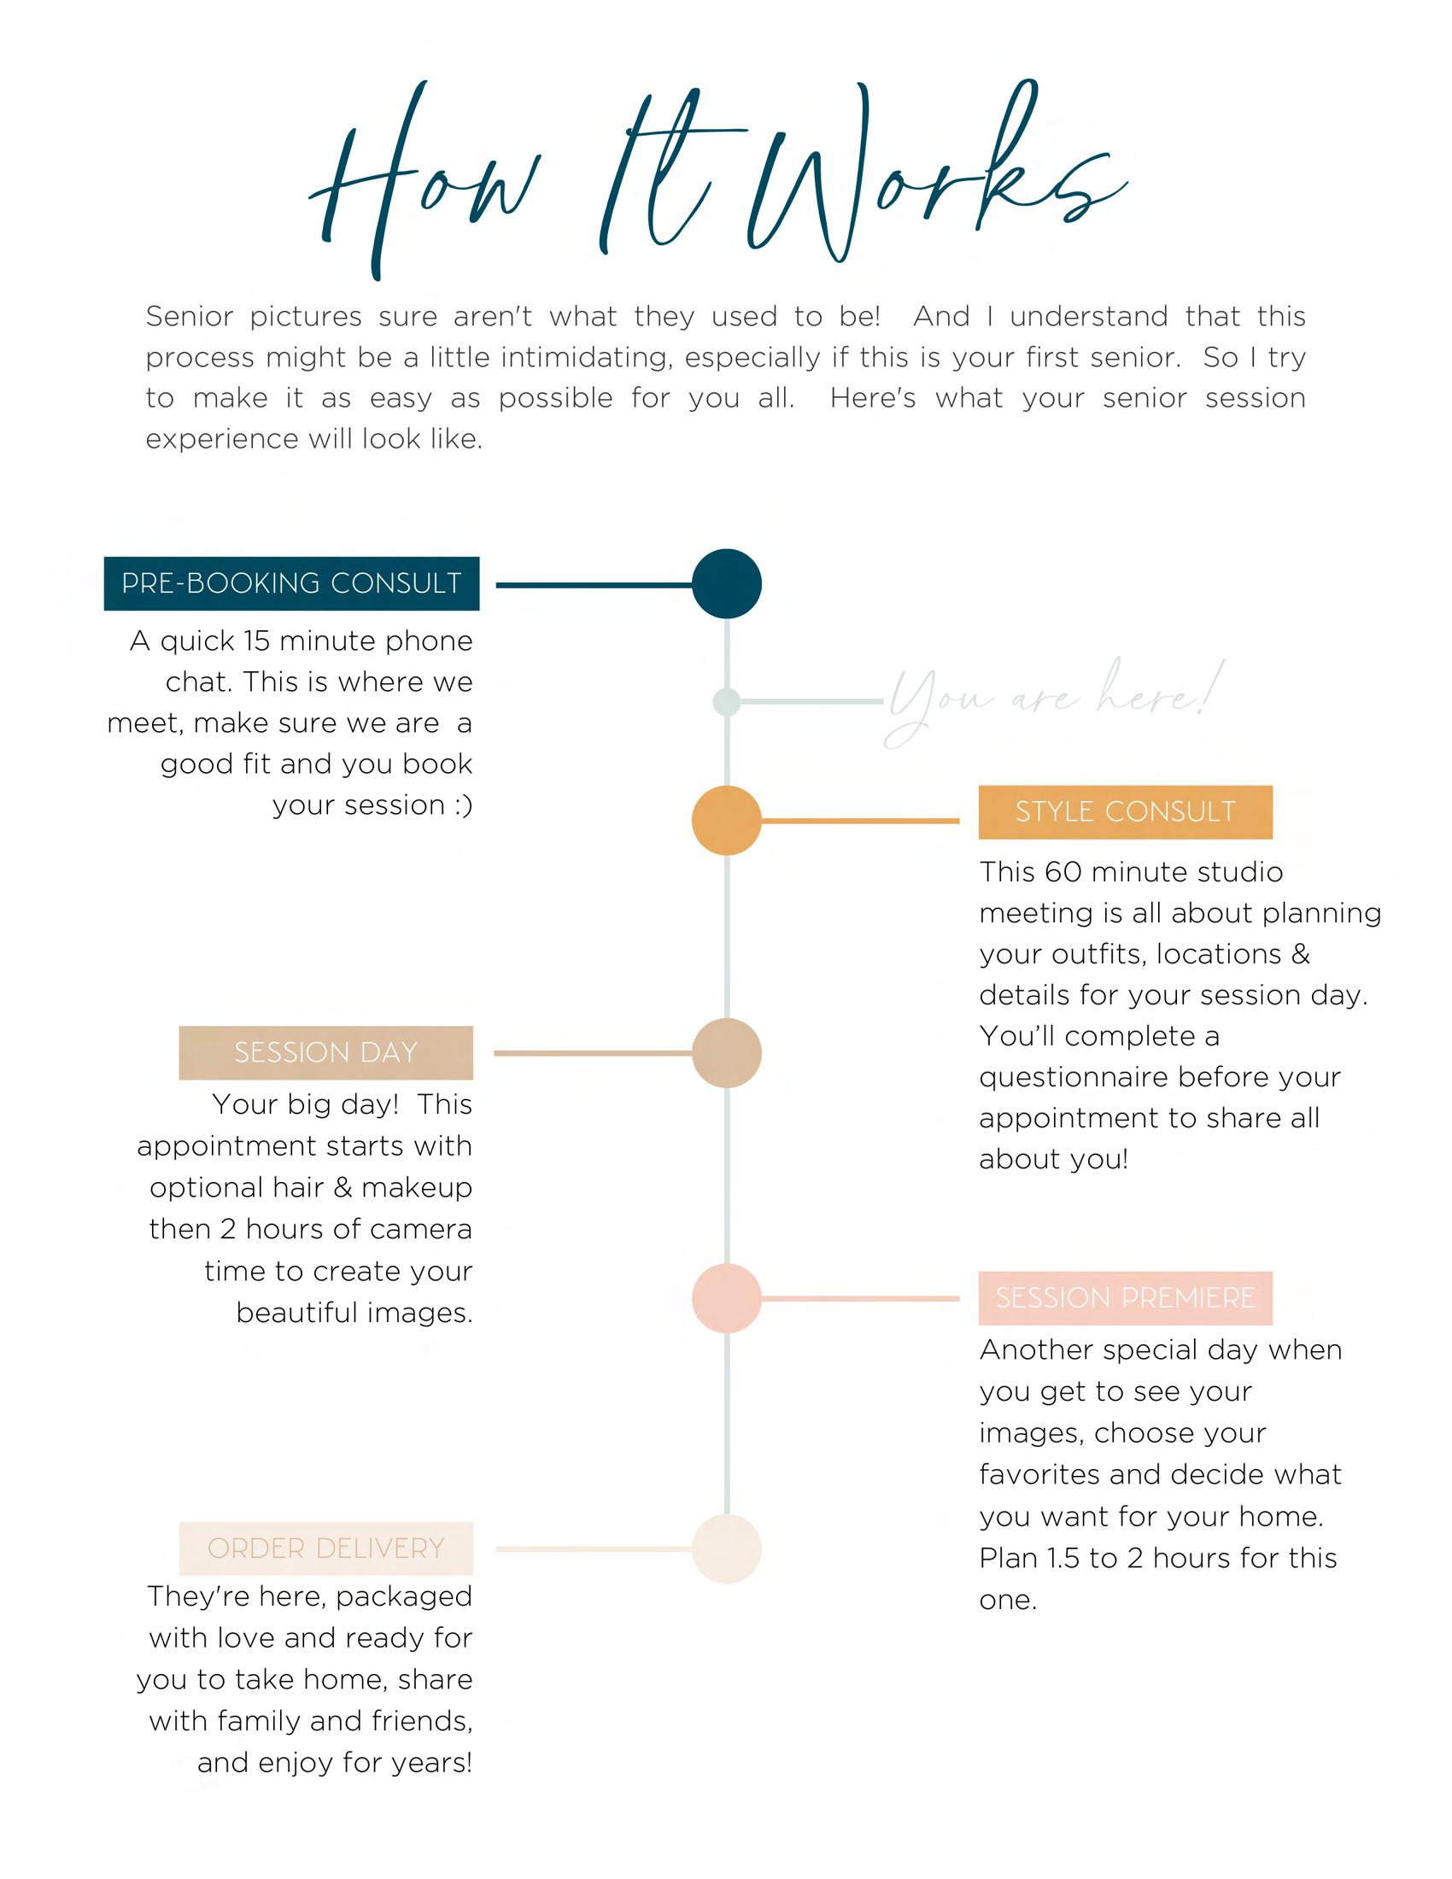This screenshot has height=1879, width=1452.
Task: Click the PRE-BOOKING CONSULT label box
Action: click(x=291, y=583)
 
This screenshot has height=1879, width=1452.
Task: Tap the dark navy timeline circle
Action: click(x=727, y=583)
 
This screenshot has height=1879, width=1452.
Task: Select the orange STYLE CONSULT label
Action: click(x=1125, y=811)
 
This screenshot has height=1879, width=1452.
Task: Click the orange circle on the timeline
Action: click(x=727, y=820)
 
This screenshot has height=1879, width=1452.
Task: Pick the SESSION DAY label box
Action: click(x=326, y=1052)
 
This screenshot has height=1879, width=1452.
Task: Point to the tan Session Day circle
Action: click(x=727, y=1052)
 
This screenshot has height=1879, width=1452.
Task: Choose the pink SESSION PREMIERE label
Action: click(x=1125, y=1297)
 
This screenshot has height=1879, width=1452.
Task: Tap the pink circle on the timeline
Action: click(x=727, y=1298)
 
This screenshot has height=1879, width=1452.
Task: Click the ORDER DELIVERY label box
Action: click(x=326, y=1548)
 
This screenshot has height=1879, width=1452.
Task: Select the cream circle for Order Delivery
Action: click(x=727, y=1548)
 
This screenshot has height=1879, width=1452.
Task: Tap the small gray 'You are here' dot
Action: click(x=727, y=701)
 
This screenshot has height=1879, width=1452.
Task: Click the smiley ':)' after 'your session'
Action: click(x=462, y=805)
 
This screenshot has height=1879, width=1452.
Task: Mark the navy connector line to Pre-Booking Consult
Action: click(x=594, y=585)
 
